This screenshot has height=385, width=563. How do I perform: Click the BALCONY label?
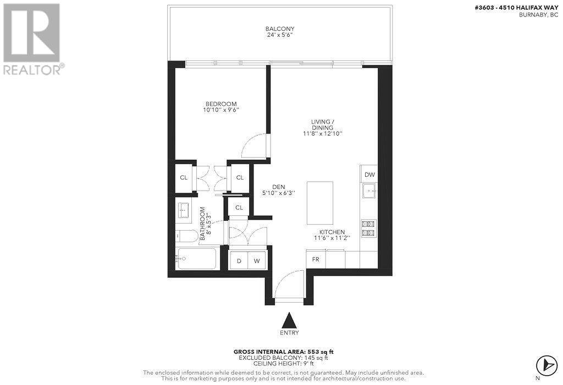pos(280,29)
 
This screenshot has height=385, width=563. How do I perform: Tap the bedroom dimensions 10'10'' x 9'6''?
pos(221,110)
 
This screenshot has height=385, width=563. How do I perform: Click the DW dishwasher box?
pos(369,175)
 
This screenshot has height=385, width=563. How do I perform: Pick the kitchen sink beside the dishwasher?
pos(369,192)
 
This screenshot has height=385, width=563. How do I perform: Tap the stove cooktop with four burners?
pos(369,227)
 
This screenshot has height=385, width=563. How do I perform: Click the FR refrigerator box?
pos(316,259)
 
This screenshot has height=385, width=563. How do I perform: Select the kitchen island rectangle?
pos(320,203)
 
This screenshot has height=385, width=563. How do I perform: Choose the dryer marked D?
pos(239,260)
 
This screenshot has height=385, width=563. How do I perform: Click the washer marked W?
pos(257,260)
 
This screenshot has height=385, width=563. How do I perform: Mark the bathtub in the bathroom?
pos(197,258)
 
